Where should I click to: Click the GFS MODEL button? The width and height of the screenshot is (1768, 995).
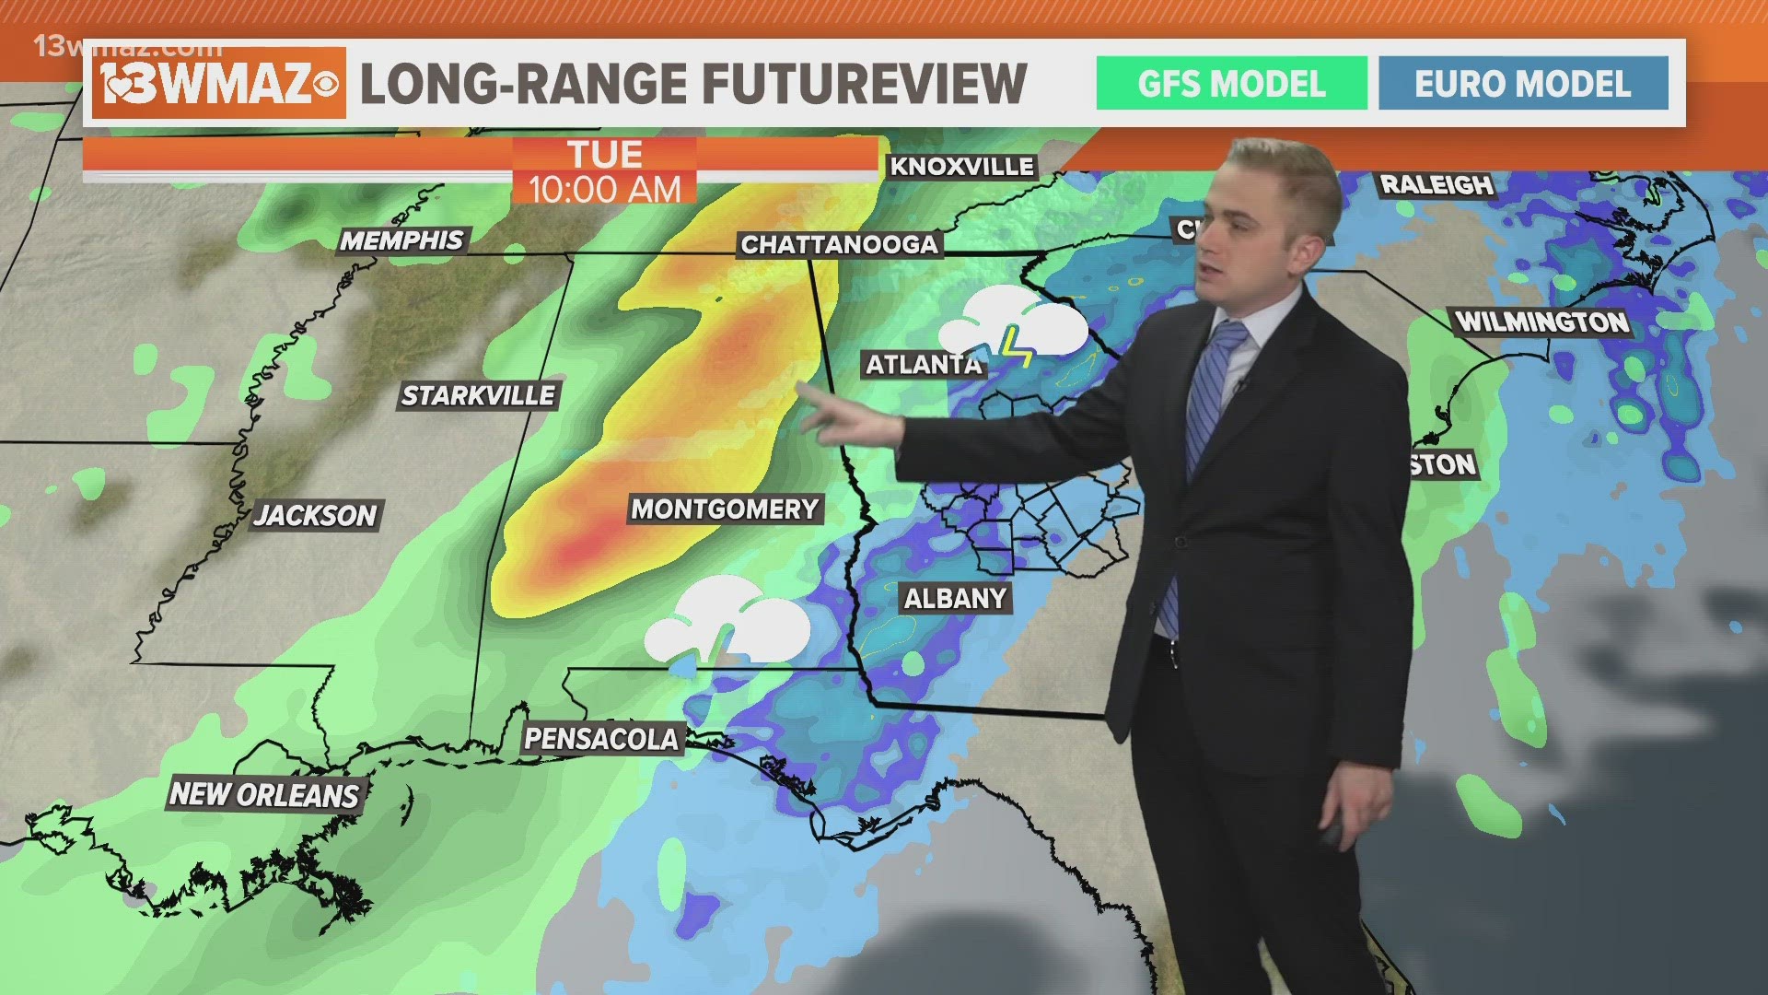click(x=1231, y=84)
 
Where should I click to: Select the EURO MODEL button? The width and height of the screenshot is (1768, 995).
click(x=1522, y=84)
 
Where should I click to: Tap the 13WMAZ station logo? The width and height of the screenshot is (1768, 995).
click(x=219, y=84)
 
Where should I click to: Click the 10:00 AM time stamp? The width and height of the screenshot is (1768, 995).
click(x=604, y=190)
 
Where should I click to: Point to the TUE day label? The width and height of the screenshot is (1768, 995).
click(x=604, y=153)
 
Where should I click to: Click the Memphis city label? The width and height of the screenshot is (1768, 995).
click(x=401, y=240)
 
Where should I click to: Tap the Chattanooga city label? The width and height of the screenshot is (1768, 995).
click(x=839, y=244)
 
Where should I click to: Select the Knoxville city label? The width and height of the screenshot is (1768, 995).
click(x=961, y=167)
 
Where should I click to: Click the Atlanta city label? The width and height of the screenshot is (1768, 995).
click(x=924, y=365)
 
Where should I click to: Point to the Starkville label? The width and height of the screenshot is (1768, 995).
click(x=479, y=396)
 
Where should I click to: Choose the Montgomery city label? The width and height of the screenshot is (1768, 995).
click(x=725, y=509)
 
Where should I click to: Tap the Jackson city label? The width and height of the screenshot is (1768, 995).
click(x=316, y=515)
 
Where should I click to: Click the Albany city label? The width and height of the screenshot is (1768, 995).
click(x=955, y=599)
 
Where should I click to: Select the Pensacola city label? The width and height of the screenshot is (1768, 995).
click(x=601, y=739)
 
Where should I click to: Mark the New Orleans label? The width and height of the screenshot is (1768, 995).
click(x=264, y=794)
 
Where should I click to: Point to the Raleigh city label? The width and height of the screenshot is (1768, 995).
click(x=1436, y=185)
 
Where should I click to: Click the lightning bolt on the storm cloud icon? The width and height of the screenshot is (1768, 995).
click(x=1018, y=345)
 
